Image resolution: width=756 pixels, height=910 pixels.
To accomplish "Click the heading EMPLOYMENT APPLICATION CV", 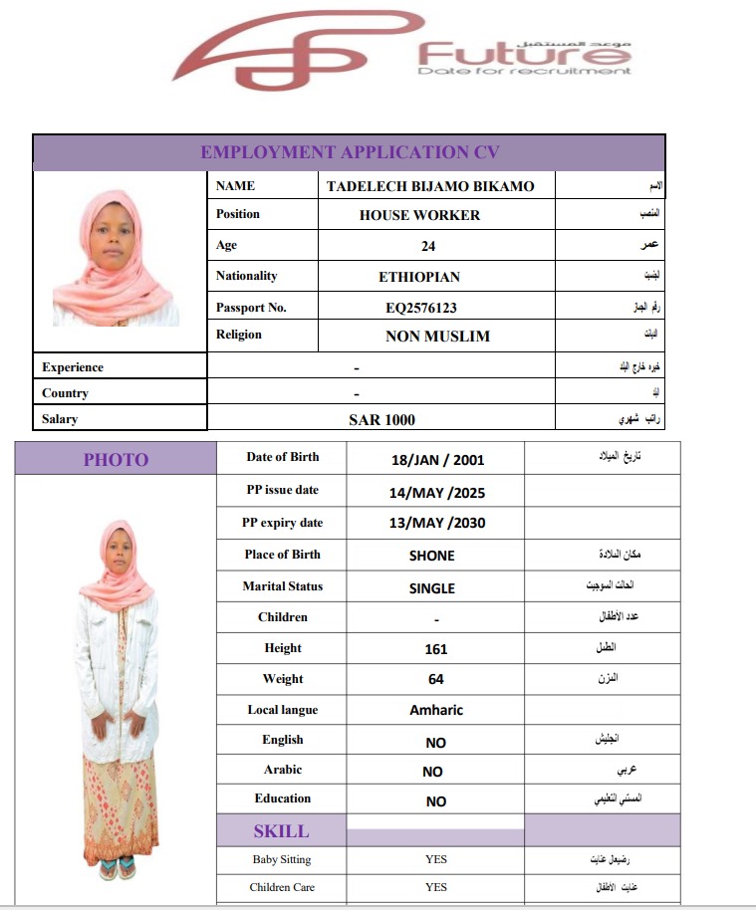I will (x=350, y=152).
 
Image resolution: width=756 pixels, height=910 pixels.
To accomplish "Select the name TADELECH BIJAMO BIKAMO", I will (x=430, y=186).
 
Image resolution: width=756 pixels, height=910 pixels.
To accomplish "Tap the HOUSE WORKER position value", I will (x=419, y=215).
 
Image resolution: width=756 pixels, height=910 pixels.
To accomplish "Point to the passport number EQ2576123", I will (x=421, y=308).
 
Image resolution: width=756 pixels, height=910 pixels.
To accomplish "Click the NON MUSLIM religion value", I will (x=437, y=337).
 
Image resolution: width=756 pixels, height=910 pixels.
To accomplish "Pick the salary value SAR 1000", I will (x=381, y=420).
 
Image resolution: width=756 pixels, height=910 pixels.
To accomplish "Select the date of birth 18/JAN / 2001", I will (x=438, y=460).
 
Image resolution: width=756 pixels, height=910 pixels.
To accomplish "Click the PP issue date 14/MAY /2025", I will (x=436, y=492).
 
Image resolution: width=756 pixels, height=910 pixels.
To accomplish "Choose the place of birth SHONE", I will (x=431, y=556).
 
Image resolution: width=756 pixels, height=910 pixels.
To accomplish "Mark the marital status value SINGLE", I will (x=431, y=587).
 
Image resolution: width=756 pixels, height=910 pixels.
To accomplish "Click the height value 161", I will (x=435, y=649).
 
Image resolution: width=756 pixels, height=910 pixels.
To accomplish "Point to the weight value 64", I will (x=435, y=679).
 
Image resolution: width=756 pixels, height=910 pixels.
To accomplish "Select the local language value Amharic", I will (x=436, y=710).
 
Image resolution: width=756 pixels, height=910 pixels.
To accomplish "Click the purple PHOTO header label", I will (x=116, y=459).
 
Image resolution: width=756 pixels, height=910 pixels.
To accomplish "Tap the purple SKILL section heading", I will (x=281, y=831).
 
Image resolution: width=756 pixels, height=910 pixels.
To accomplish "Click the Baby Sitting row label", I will (x=282, y=859).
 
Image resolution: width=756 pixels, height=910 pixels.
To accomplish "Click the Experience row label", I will (x=73, y=367).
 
